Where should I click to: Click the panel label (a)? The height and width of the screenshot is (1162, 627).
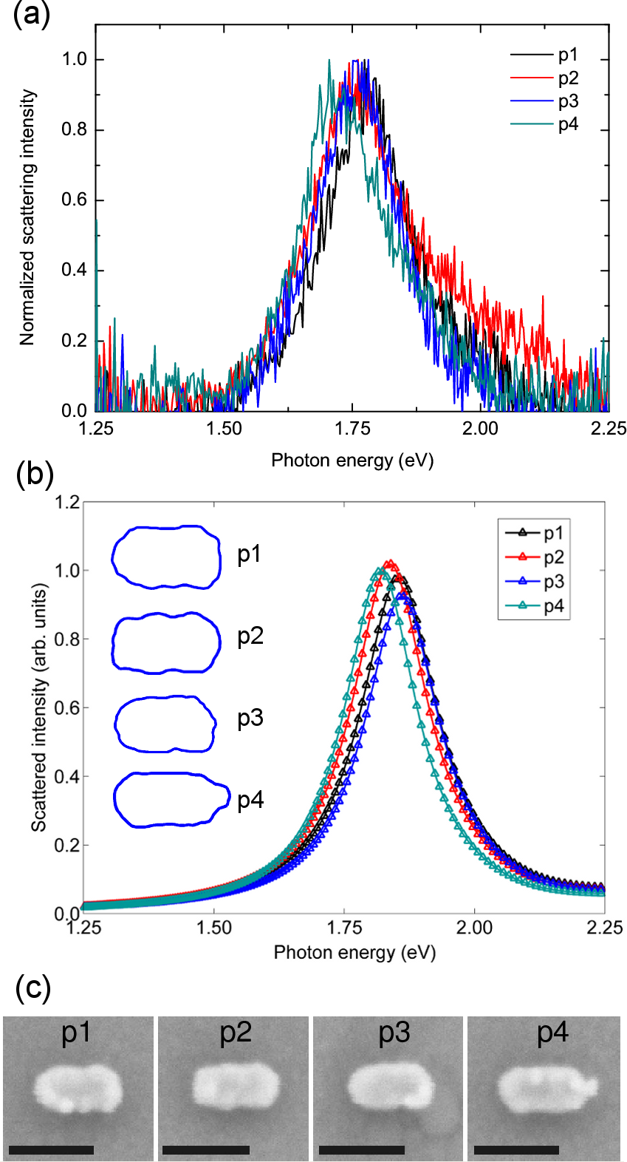coord(31,14)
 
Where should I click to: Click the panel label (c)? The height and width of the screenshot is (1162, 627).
coord(33,988)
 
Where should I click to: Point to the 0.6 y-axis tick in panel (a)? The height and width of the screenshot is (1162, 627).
coord(74,200)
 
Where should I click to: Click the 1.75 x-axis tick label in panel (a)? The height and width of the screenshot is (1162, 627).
coord(352,429)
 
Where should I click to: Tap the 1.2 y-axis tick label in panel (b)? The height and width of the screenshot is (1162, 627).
coord(67,503)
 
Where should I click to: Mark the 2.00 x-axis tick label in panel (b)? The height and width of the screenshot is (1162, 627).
coord(474,928)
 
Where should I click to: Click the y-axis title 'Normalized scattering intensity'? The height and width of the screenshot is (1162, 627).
coord(27,218)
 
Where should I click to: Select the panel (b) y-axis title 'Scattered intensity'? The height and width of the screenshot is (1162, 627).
coord(39,707)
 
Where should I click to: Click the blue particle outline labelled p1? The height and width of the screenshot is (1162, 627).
coord(166,557)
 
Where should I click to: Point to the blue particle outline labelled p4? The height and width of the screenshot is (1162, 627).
coord(171,799)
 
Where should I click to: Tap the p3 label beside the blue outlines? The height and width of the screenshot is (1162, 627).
coord(250,718)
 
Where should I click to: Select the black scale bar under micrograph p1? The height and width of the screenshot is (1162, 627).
coord(52,1149)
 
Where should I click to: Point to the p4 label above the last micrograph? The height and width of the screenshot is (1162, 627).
coord(552,1033)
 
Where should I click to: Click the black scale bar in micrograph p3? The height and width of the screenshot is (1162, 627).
coord(362,1149)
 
